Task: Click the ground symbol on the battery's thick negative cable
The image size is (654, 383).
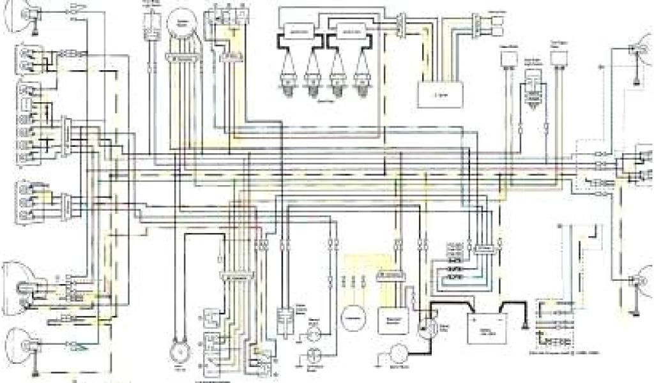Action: tap(524, 326)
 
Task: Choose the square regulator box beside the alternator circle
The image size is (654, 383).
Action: tap(388, 319)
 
